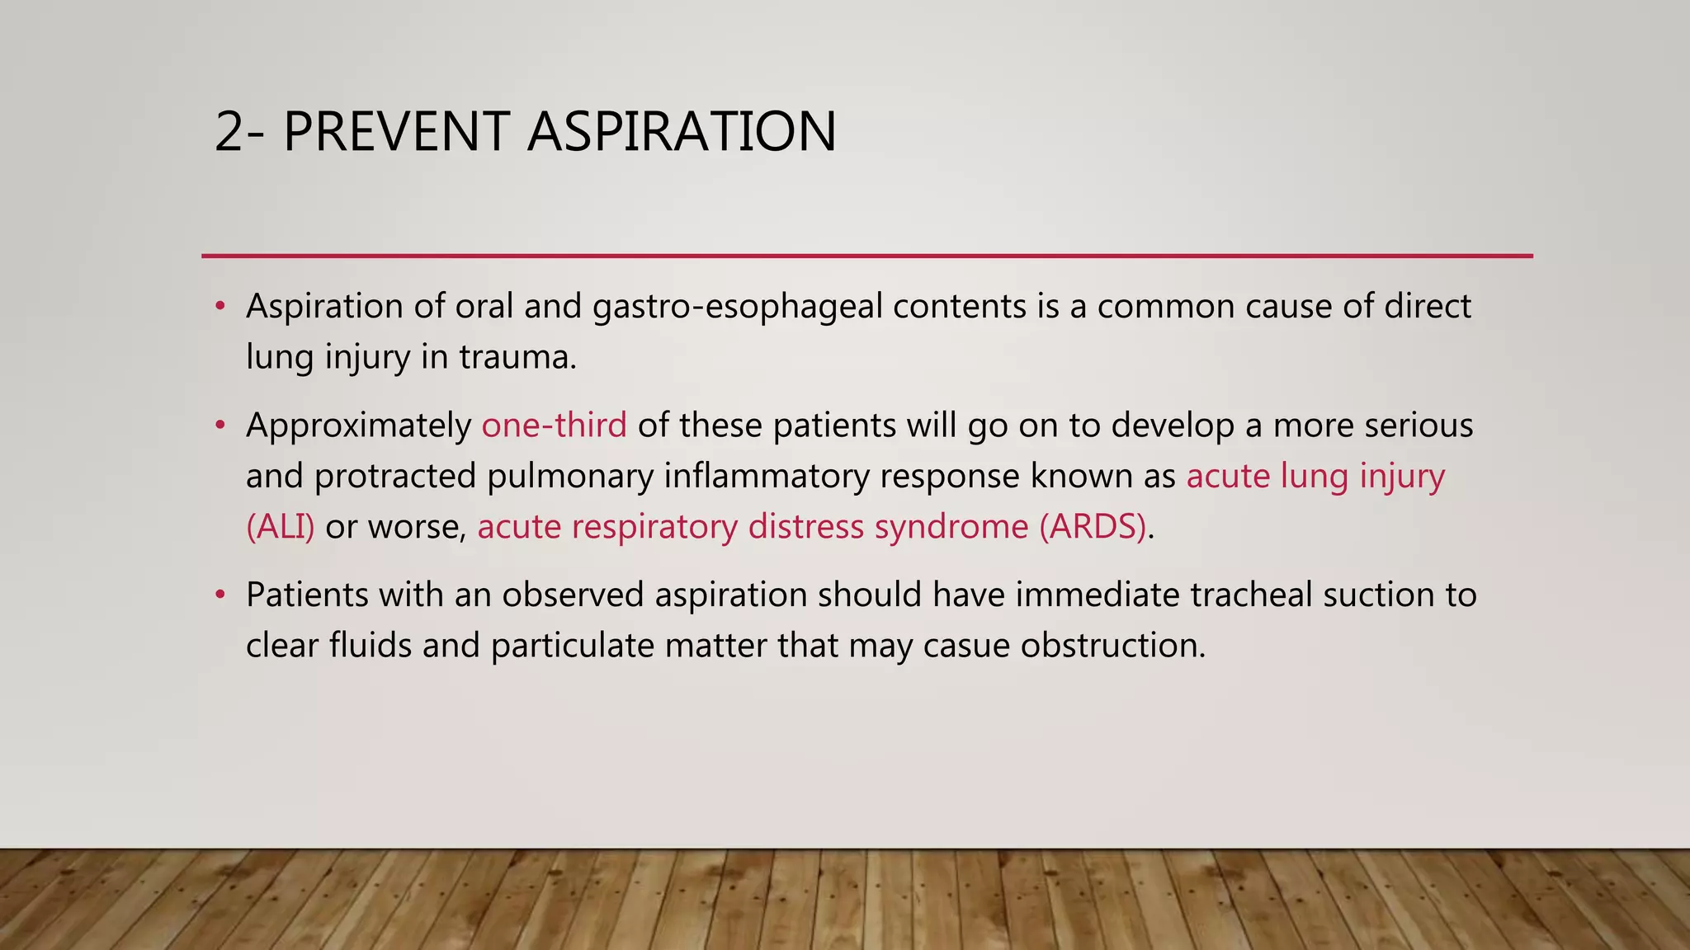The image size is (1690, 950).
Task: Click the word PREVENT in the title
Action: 395,132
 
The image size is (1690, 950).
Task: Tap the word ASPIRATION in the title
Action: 682,132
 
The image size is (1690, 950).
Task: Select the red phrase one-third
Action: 554,426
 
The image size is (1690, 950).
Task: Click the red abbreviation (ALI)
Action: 281,527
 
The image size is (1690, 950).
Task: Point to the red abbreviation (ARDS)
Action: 1093,527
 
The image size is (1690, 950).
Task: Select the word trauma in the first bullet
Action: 517,357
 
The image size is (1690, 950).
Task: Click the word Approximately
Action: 358,426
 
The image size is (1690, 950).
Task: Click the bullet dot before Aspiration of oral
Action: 220,307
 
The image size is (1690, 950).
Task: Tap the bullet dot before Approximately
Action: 220,426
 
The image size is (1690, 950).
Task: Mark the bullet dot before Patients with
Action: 220,595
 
